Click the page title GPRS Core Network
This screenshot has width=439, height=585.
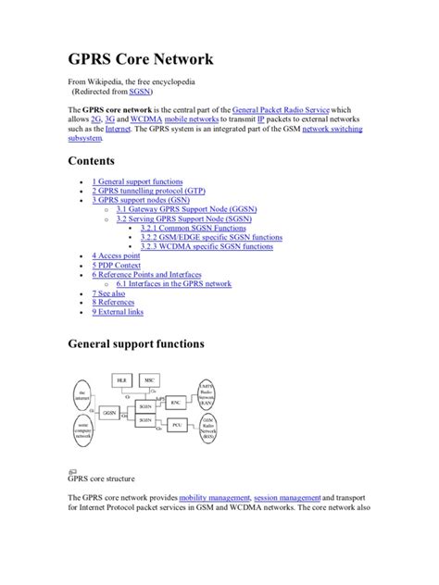[141, 60]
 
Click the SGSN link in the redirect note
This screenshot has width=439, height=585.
[141, 93]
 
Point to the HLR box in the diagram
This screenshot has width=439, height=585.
[121, 380]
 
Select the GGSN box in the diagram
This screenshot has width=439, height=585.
[110, 412]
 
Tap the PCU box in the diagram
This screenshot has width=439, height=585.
[176, 425]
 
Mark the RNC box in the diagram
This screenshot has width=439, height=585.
[176, 401]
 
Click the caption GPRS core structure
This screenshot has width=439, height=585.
[101, 479]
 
